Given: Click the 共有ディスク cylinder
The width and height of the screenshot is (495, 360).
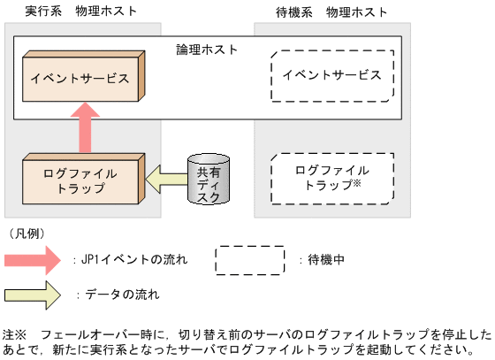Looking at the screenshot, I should (209, 180).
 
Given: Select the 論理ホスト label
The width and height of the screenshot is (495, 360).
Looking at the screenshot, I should (207, 49).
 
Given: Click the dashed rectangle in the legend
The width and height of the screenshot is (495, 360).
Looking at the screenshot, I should (250, 260).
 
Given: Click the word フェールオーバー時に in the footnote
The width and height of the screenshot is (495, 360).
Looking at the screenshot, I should (92, 335).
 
